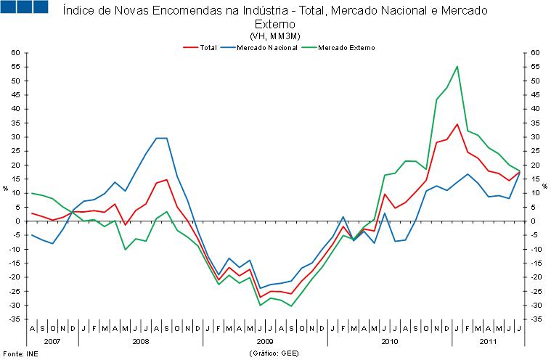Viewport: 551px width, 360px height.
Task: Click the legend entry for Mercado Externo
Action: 346,47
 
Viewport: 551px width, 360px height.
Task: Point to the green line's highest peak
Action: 457,67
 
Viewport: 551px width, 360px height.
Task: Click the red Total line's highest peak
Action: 457,124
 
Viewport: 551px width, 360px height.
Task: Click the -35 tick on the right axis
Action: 534,319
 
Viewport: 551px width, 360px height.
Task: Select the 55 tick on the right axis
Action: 534,67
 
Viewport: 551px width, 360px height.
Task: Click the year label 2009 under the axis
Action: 265,340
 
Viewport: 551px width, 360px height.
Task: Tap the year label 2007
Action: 52,340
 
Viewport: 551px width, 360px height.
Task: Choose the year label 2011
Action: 488,340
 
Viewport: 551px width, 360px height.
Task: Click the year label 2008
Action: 141,340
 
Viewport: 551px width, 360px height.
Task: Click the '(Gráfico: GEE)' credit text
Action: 274,353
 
